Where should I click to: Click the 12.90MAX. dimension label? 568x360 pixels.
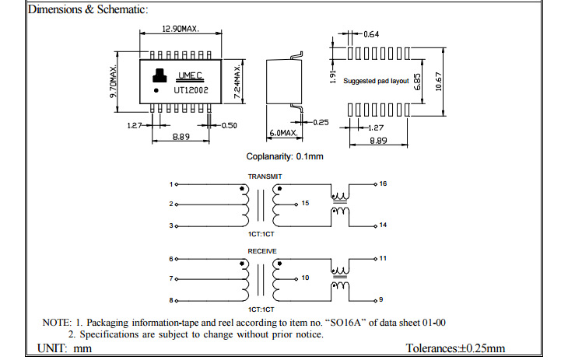click(180, 30)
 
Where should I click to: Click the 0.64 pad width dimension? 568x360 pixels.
click(372, 34)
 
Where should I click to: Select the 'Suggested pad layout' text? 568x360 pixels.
click(376, 81)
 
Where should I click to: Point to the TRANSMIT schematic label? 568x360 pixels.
click(265, 177)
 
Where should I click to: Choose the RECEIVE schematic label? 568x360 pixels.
click(262, 251)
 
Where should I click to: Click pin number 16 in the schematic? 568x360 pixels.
click(383, 183)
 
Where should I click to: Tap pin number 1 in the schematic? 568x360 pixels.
click(171, 184)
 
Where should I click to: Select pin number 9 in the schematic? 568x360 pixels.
click(381, 299)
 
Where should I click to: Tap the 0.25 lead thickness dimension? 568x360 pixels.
click(321, 122)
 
